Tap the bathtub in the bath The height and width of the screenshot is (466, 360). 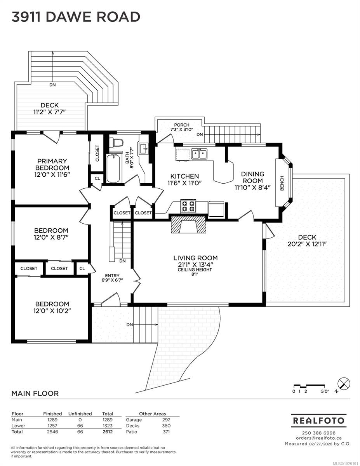[x=113, y=168]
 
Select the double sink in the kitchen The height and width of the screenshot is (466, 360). [x=199, y=154]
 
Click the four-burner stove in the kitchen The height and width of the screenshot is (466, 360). [x=188, y=206]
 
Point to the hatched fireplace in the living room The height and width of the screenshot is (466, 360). [x=188, y=224]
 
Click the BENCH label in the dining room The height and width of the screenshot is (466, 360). [x=282, y=183]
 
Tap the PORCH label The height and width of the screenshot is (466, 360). [x=182, y=125]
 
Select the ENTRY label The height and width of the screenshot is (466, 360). [x=112, y=276]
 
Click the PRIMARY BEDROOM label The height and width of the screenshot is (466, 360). [x=52, y=164]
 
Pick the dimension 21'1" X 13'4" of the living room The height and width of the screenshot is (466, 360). [x=195, y=264]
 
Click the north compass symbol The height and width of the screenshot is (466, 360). [x=344, y=383]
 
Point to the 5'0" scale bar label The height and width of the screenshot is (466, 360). [x=325, y=391]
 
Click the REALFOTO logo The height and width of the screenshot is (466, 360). [x=318, y=421]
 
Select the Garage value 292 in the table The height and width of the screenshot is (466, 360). [x=166, y=420]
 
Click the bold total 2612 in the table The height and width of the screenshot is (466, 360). [x=108, y=432]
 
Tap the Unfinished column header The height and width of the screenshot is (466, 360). [x=80, y=414]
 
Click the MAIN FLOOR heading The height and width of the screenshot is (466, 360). [x=35, y=393]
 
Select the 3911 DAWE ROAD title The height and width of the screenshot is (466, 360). [x=76, y=17]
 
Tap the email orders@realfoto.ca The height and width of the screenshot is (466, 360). [x=318, y=438]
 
